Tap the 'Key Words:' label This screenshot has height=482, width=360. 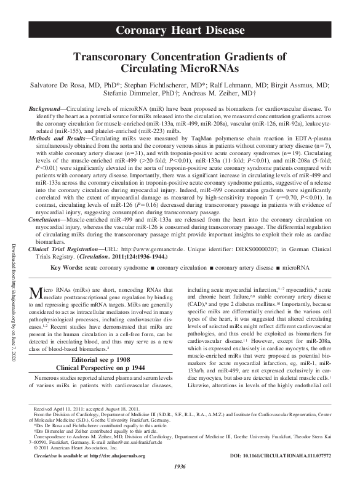[x=64, y=270]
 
